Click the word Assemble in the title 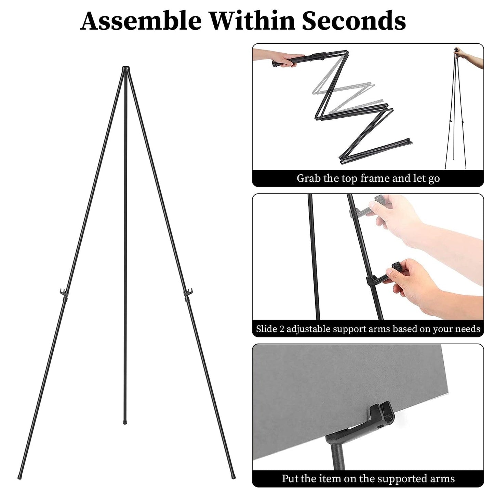pos(141,21)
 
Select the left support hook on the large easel pos(63,293)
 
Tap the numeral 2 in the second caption pos(281,329)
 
